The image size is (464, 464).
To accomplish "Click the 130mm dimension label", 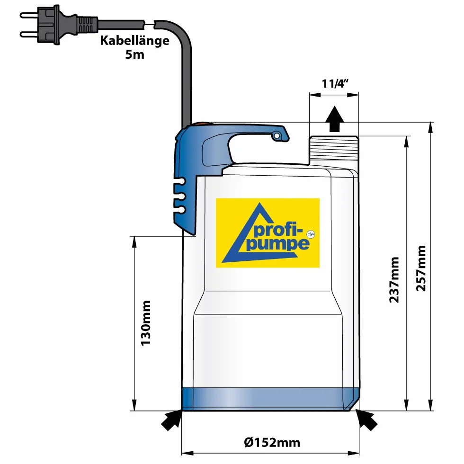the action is pyautogui.click(x=146, y=323).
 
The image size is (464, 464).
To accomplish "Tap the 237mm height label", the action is pyautogui.click(x=394, y=280).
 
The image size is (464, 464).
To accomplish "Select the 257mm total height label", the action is pyautogui.click(x=421, y=268).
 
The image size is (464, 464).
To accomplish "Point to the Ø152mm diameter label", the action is pyautogui.click(x=272, y=442).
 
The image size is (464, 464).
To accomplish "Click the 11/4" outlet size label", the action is pyautogui.click(x=335, y=83).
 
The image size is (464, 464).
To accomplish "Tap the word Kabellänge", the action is pyautogui.click(x=134, y=40).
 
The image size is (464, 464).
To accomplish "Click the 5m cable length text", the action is pyautogui.click(x=134, y=54).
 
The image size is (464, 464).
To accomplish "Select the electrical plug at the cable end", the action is pyautogui.click(x=59, y=25).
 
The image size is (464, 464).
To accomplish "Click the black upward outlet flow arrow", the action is pyautogui.click(x=335, y=119).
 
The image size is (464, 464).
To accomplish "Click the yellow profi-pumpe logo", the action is pyautogui.click(x=268, y=233).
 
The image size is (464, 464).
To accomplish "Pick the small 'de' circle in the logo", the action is pyautogui.click(x=311, y=234).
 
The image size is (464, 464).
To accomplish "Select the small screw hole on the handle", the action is pyautogui.click(x=277, y=136).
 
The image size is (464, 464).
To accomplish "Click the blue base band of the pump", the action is pyautogui.click(x=271, y=399).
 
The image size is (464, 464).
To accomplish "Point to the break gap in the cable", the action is pyautogui.click(x=150, y=24).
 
